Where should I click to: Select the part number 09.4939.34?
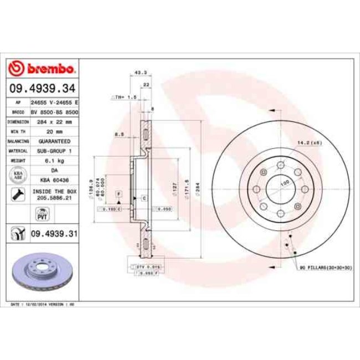click(x=42, y=88)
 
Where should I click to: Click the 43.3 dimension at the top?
click(x=141, y=73)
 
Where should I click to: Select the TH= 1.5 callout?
click(x=125, y=97)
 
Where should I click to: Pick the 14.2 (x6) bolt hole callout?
click(x=308, y=143)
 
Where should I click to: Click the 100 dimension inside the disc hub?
click(x=285, y=183)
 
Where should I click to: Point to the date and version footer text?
click(x=43, y=305)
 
